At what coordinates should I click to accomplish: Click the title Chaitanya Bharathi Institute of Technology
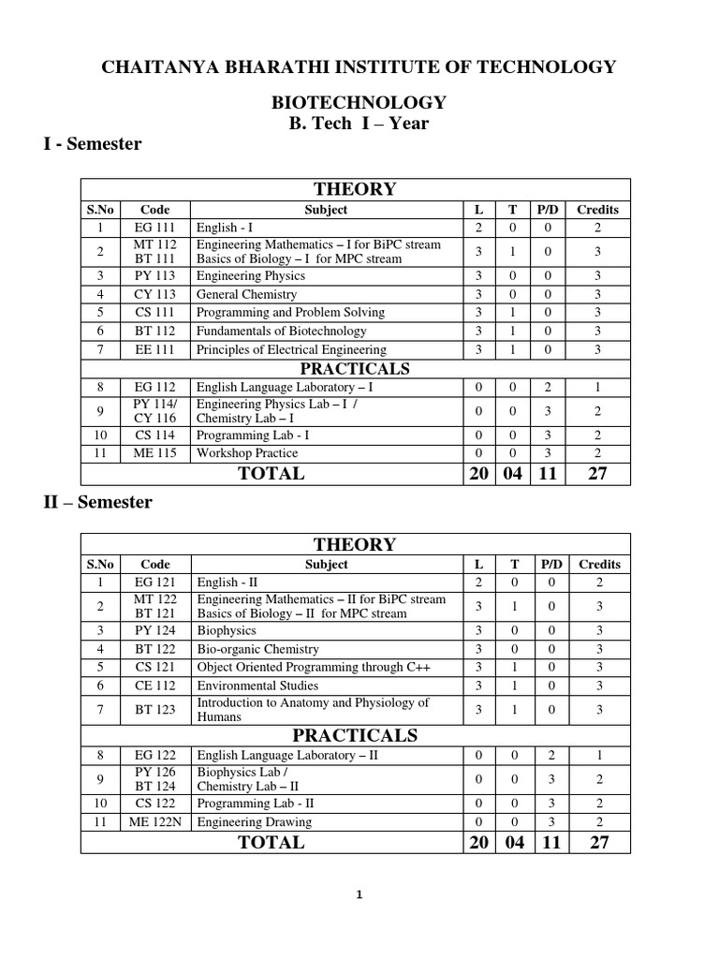coord(359,66)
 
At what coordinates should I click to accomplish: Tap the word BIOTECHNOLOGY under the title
coord(359,103)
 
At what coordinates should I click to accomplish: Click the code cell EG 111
coord(155,228)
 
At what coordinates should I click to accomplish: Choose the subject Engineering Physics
coord(251,276)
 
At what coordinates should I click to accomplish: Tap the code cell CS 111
coord(155,312)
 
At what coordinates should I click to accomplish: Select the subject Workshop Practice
coord(247,453)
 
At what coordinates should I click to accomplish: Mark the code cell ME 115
coord(155,453)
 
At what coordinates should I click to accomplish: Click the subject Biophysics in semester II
coord(226,630)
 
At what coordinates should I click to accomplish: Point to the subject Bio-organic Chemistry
coord(257,649)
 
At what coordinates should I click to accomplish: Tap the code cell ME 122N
coord(155,822)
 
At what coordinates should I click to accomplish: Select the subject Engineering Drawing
coord(254,822)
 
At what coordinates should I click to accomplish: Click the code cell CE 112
coord(155,686)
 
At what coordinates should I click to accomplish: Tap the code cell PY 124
coord(155,630)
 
